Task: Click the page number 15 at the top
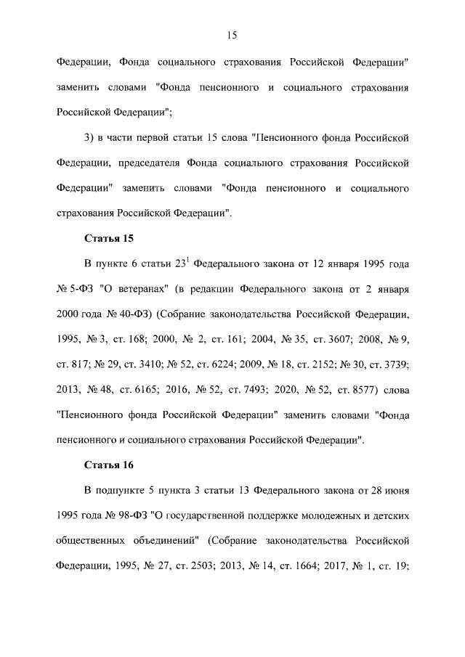coord(232,35)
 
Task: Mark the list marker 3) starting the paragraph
coord(90,137)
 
